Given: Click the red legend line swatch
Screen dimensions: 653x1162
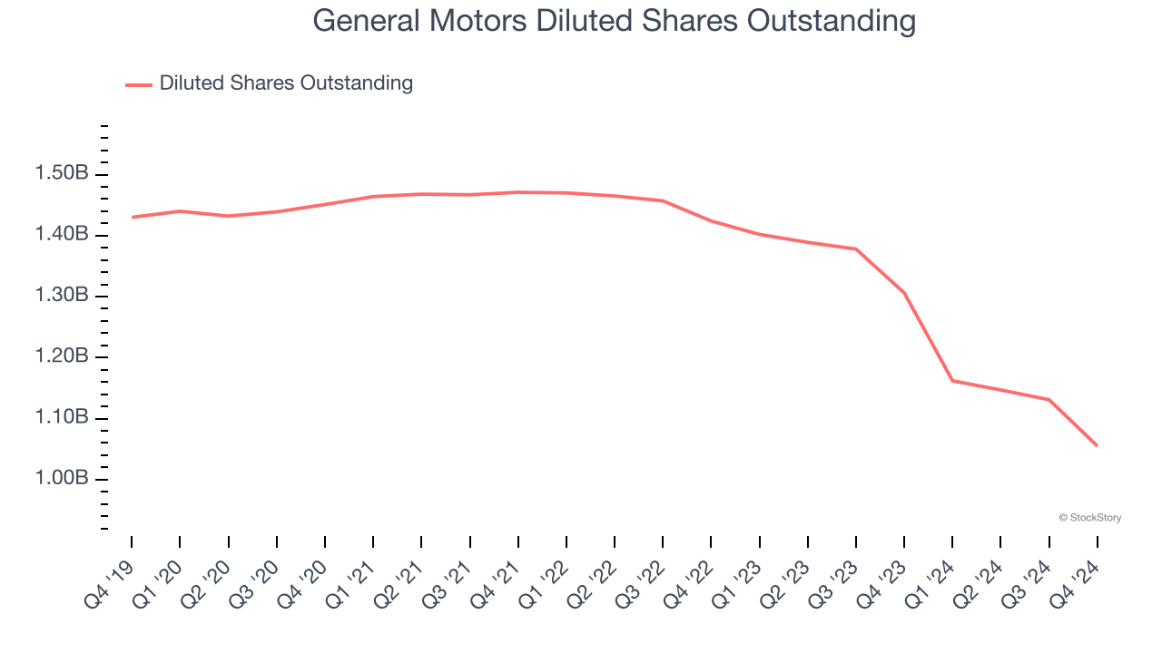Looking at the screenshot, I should (x=138, y=84).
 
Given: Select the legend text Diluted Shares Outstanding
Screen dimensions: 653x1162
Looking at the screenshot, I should (x=286, y=83).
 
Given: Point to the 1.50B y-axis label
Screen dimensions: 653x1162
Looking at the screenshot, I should (x=63, y=174).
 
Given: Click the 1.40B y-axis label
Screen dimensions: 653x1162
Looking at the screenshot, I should (x=63, y=235).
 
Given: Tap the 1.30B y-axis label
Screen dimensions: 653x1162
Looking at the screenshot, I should (x=63, y=296).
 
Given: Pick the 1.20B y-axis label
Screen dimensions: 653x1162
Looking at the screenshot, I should (x=63, y=356).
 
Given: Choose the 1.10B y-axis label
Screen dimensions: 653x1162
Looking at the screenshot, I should (x=63, y=418).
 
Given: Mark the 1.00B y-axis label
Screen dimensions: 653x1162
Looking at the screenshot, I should (x=63, y=479).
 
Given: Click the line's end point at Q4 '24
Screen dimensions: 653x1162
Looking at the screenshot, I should (x=1097, y=445).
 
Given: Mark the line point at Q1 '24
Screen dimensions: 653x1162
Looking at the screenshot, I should (x=952, y=380).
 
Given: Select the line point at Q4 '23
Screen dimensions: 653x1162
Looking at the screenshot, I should (x=904, y=293).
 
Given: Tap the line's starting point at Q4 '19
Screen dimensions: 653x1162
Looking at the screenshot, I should (x=132, y=217).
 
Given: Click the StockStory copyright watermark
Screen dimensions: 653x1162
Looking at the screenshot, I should (x=1089, y=518).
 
